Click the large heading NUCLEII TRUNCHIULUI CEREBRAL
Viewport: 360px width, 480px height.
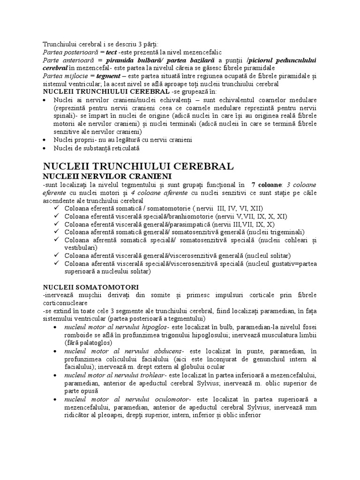pyautogui.click(x=138, y=167)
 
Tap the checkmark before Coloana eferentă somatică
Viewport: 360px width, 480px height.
pyautogui.click(x=57, y=208)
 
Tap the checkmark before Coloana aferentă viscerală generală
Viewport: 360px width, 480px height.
pyautogui.click(x=57, y=255)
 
